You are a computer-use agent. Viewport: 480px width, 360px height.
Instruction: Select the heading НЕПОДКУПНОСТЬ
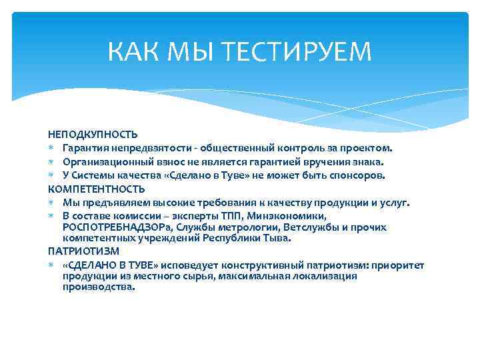93,134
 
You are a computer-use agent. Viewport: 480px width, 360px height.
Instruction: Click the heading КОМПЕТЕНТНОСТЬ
96,189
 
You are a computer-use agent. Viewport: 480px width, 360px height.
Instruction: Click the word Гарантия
83,148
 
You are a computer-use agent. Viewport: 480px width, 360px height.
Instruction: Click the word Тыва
278,237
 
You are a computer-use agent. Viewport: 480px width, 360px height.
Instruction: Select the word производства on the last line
98,287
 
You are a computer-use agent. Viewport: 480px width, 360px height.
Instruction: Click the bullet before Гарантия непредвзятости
52,148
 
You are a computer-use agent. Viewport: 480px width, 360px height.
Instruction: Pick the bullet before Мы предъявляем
52,203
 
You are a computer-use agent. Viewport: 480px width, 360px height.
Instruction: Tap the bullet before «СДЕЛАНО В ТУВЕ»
52,265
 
